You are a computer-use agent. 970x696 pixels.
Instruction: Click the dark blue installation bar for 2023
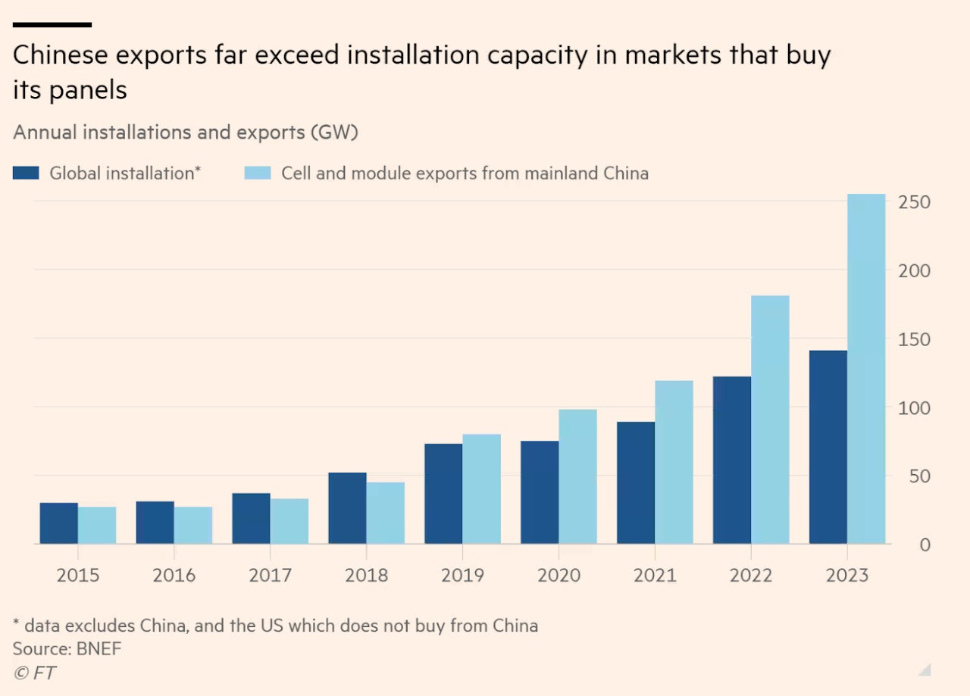click(828, 447)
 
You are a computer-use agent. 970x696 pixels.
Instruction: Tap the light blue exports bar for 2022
click(770, 420)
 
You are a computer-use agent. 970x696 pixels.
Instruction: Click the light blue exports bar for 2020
click(577, 476)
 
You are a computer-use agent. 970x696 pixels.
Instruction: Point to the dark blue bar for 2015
click(58, 523)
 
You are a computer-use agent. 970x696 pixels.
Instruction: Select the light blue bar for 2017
click(289, 521)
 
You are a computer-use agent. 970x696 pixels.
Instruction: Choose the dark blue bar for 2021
click(636, 482)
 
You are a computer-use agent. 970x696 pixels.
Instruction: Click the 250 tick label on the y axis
click(914, 202)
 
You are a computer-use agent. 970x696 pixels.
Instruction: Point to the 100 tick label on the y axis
click(914, 407)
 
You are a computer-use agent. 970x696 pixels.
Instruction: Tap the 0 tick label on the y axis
click(925, 545)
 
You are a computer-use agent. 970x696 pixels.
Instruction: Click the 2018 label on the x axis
click(366, 576)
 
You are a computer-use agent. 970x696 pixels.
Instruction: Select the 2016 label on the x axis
click(174, 576)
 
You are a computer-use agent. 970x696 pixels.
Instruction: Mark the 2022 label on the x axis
click(751, 576)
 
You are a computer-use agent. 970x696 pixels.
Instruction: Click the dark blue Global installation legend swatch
click(26, 173)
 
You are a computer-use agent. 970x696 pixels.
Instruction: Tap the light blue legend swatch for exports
click(257, 173)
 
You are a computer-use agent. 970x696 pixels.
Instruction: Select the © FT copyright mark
click(34, 673)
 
